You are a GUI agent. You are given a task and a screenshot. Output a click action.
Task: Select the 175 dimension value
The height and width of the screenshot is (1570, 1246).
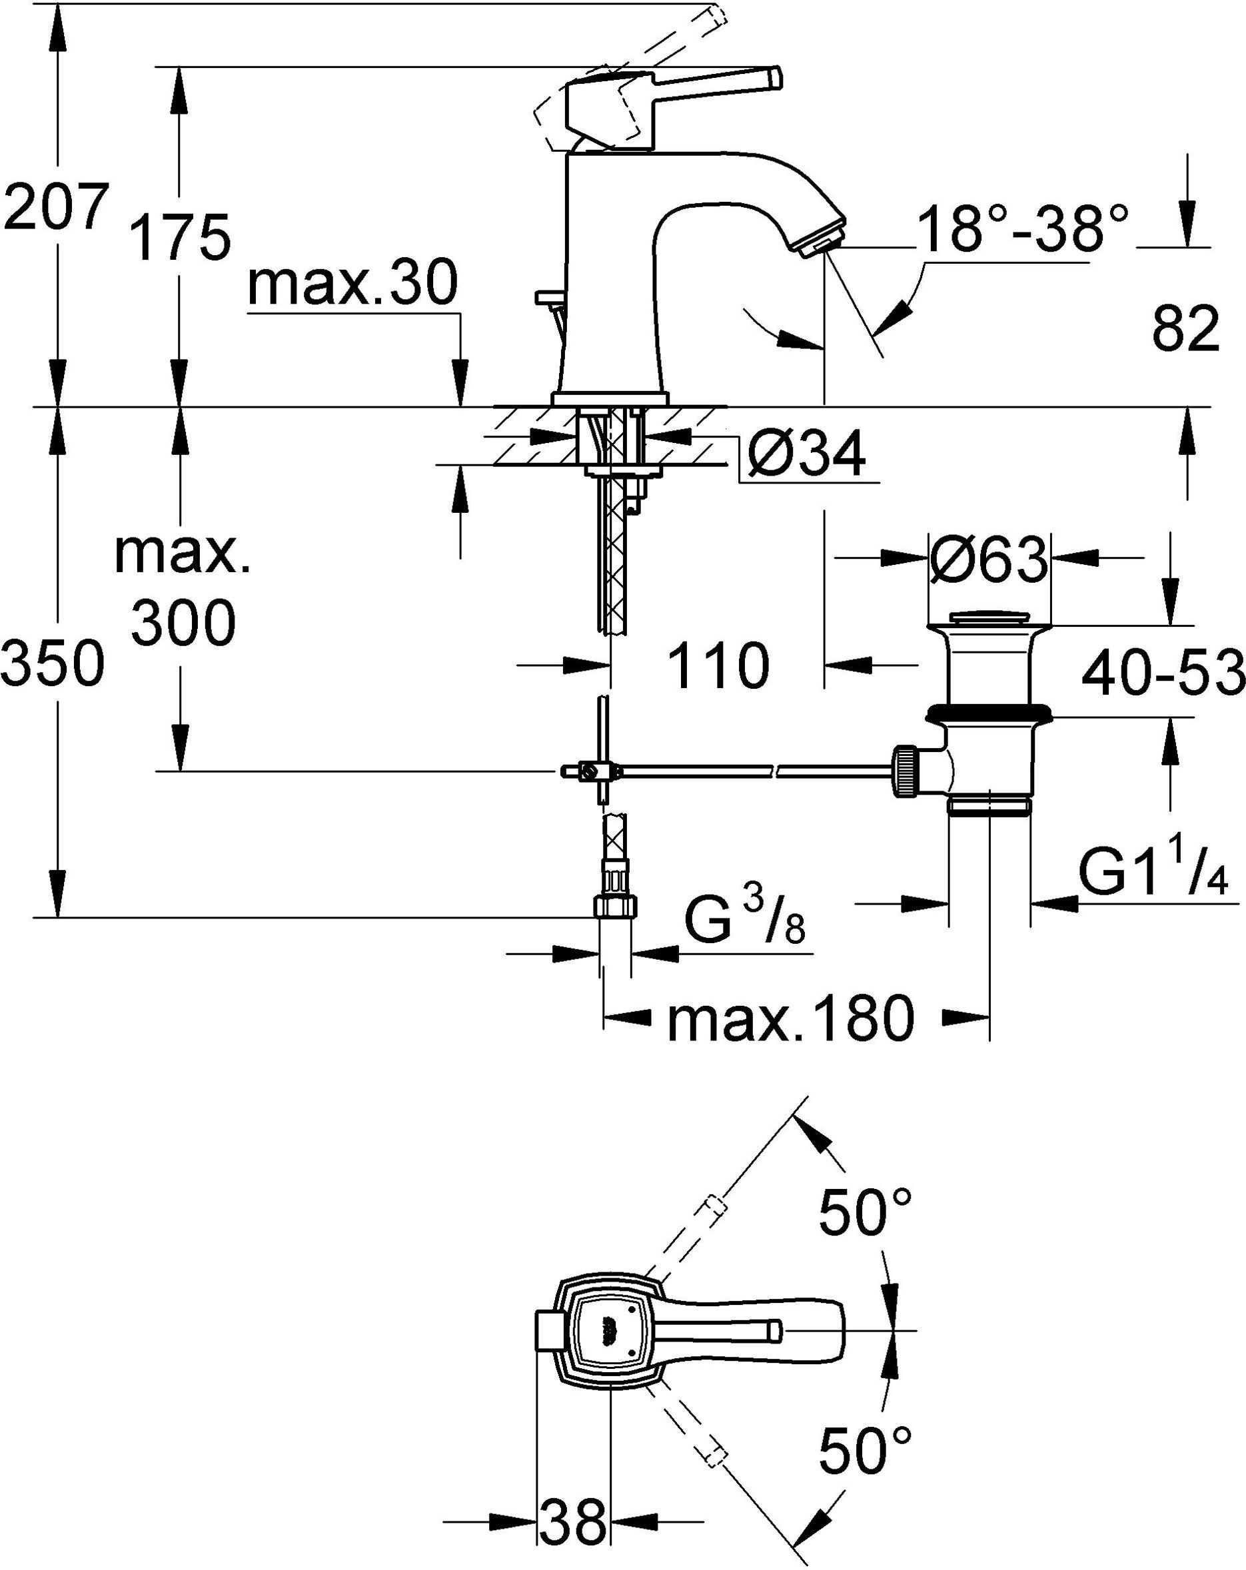click(x=180, y=237)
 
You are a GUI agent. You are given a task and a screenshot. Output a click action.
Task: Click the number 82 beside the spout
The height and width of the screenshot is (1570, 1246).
click(x=1185, y=328)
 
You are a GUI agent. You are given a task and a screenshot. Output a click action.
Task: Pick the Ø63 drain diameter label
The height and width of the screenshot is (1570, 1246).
click(x=988, y=561)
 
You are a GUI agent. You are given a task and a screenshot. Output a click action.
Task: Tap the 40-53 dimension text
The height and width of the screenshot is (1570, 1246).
click(x=1163, y=673)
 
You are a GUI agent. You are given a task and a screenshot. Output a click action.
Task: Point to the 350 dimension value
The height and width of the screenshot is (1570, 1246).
click(x=53, y=663)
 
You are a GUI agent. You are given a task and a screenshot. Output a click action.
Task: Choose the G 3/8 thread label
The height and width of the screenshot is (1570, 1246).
click(x=744, y=919)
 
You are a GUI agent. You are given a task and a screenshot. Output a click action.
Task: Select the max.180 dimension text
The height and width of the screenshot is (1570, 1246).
click(x=790, y=1020)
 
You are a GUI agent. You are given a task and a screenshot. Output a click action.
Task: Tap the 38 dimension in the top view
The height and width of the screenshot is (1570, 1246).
click(x=573, y=1518)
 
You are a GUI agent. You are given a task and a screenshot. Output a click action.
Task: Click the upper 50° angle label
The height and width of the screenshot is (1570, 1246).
click(x=865, y=1212)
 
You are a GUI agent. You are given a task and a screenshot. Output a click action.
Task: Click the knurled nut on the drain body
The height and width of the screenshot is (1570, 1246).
click(x=906, y=772)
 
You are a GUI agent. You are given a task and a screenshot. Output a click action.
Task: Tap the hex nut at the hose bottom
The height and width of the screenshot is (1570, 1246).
click(x=616, y=907)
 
